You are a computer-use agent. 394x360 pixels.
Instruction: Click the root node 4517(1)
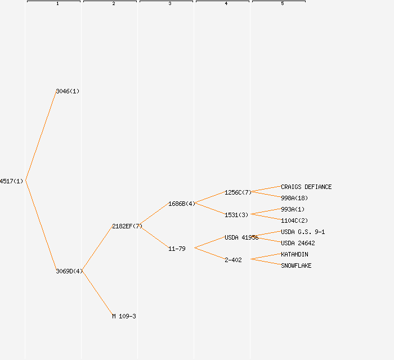(11, 181)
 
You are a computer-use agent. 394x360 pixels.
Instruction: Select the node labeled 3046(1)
(68, 91)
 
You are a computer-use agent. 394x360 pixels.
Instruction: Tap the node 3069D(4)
(69, 271)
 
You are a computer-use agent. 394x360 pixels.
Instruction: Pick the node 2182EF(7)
(127, 226)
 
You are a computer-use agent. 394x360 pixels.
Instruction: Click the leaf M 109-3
(124, 316)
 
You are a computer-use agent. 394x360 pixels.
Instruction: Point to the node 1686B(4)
(182, 204)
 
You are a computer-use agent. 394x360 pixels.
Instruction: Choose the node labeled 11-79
(177, 249)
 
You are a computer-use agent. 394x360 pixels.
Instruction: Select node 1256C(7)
(238, 192)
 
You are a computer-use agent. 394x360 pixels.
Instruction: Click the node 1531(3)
(236, 215)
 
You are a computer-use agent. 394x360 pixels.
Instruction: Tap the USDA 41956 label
(241, 237)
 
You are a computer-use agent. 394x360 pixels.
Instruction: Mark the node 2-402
(233, 260)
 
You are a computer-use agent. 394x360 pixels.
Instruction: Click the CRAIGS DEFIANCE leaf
(306, 187)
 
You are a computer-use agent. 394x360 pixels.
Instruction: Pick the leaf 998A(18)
(294, 198)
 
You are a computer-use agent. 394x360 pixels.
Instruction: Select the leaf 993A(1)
(293, 209)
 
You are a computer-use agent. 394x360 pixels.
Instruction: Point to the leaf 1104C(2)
(294, 220)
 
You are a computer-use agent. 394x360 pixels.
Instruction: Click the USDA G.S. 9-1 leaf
(303, 232)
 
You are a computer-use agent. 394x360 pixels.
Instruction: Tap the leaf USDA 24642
(298, 243)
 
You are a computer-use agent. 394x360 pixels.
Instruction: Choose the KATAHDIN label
(294, 254)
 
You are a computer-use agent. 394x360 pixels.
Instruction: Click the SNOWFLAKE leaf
(296, 265)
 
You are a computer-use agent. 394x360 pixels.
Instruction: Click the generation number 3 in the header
(170, 4)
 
